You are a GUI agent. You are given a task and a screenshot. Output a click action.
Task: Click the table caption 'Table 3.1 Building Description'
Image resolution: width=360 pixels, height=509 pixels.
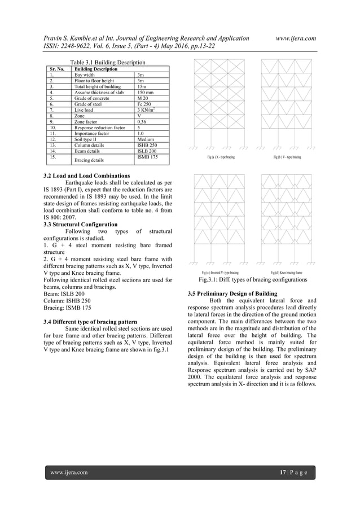[107, 62]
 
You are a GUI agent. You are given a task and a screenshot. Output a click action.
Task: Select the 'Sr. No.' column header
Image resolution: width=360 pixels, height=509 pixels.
[55, 69]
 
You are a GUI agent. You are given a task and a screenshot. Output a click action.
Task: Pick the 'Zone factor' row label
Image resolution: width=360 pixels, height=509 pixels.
[87, 121]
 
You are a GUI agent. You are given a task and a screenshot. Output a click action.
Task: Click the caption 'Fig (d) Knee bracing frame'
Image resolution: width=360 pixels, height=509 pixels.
[287, 273]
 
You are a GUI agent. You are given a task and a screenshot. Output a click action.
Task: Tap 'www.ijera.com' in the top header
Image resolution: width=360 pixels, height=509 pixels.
[296, 38]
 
